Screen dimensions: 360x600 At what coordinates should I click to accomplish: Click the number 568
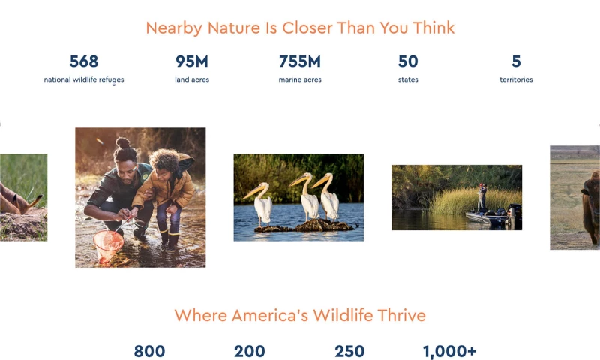(x=84, y=61)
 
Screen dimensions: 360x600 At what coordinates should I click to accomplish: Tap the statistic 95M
(x=192, y=61)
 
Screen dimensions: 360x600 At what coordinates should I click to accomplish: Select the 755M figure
(x=300, y=61)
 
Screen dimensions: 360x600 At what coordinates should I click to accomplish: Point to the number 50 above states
(x=408, y=61)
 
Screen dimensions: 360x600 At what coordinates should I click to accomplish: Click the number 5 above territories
(x=516, y=61)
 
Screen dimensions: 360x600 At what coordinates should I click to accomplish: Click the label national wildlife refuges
(x=84, y=79)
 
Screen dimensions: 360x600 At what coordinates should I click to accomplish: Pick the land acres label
(x=192, y=79)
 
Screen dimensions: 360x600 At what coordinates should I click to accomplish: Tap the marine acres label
(x=300, y=79)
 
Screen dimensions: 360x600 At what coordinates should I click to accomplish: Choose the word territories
(x=516, y=79)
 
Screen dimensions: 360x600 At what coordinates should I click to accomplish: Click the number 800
(x=149, y=351)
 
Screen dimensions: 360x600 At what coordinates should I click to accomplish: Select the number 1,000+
(x=449, y=351)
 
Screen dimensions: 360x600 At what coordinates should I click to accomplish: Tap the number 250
(x=349, y=351)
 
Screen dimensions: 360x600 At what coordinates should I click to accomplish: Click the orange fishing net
(x=108, y=244)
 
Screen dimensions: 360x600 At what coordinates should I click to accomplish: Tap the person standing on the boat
(x=482, y=196)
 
